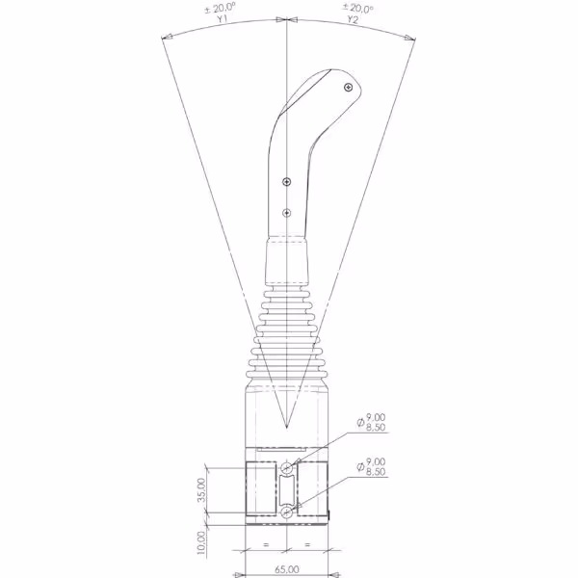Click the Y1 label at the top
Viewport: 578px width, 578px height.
[222, 19]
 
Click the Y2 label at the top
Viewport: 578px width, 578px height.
[353, 20]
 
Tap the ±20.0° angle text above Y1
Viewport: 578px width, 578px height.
[221, 8]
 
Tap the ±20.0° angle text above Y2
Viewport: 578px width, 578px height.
[358, 8]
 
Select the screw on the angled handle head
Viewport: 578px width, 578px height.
[348, 88]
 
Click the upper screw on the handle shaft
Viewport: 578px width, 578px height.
[287, 181]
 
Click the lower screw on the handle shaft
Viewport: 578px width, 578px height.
[287, 213]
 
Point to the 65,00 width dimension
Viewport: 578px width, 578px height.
[287, 569]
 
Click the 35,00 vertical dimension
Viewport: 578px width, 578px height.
[201, 490]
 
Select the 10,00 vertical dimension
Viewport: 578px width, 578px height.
[201, 542]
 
